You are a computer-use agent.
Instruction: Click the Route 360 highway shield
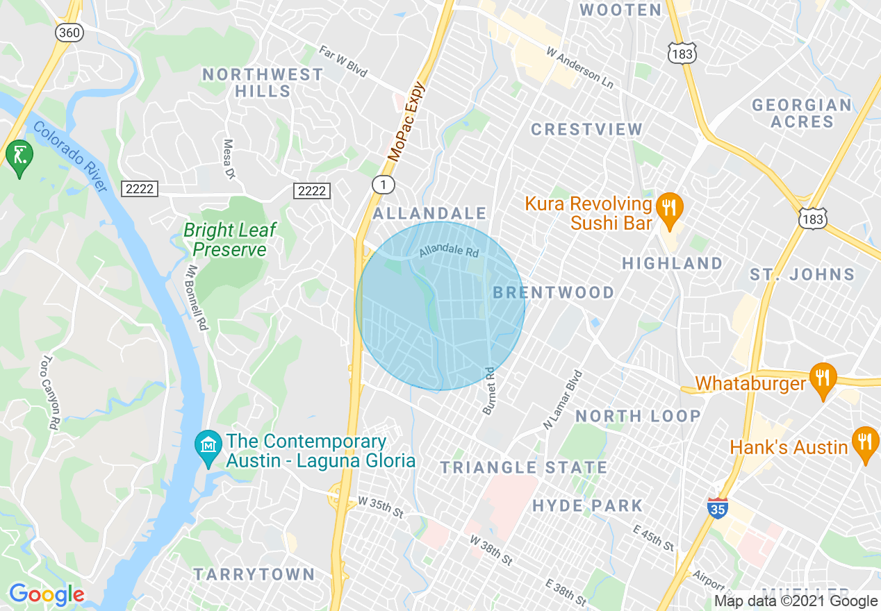69,33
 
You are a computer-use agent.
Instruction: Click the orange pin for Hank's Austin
865,443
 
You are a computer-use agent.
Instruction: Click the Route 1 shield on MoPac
383,185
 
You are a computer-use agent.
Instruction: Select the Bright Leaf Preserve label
230,240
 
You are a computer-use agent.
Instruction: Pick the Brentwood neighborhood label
554,292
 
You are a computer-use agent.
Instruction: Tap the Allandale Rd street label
449,252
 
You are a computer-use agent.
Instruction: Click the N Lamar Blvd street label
563,399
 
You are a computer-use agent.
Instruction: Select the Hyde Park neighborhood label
588,505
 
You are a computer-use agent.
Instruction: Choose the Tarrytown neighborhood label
254,574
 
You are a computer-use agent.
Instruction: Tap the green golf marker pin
19,156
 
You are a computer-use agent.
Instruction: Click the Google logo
47,595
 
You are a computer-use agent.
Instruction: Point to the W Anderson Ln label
580,67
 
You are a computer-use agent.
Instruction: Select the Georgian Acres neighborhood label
802,113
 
